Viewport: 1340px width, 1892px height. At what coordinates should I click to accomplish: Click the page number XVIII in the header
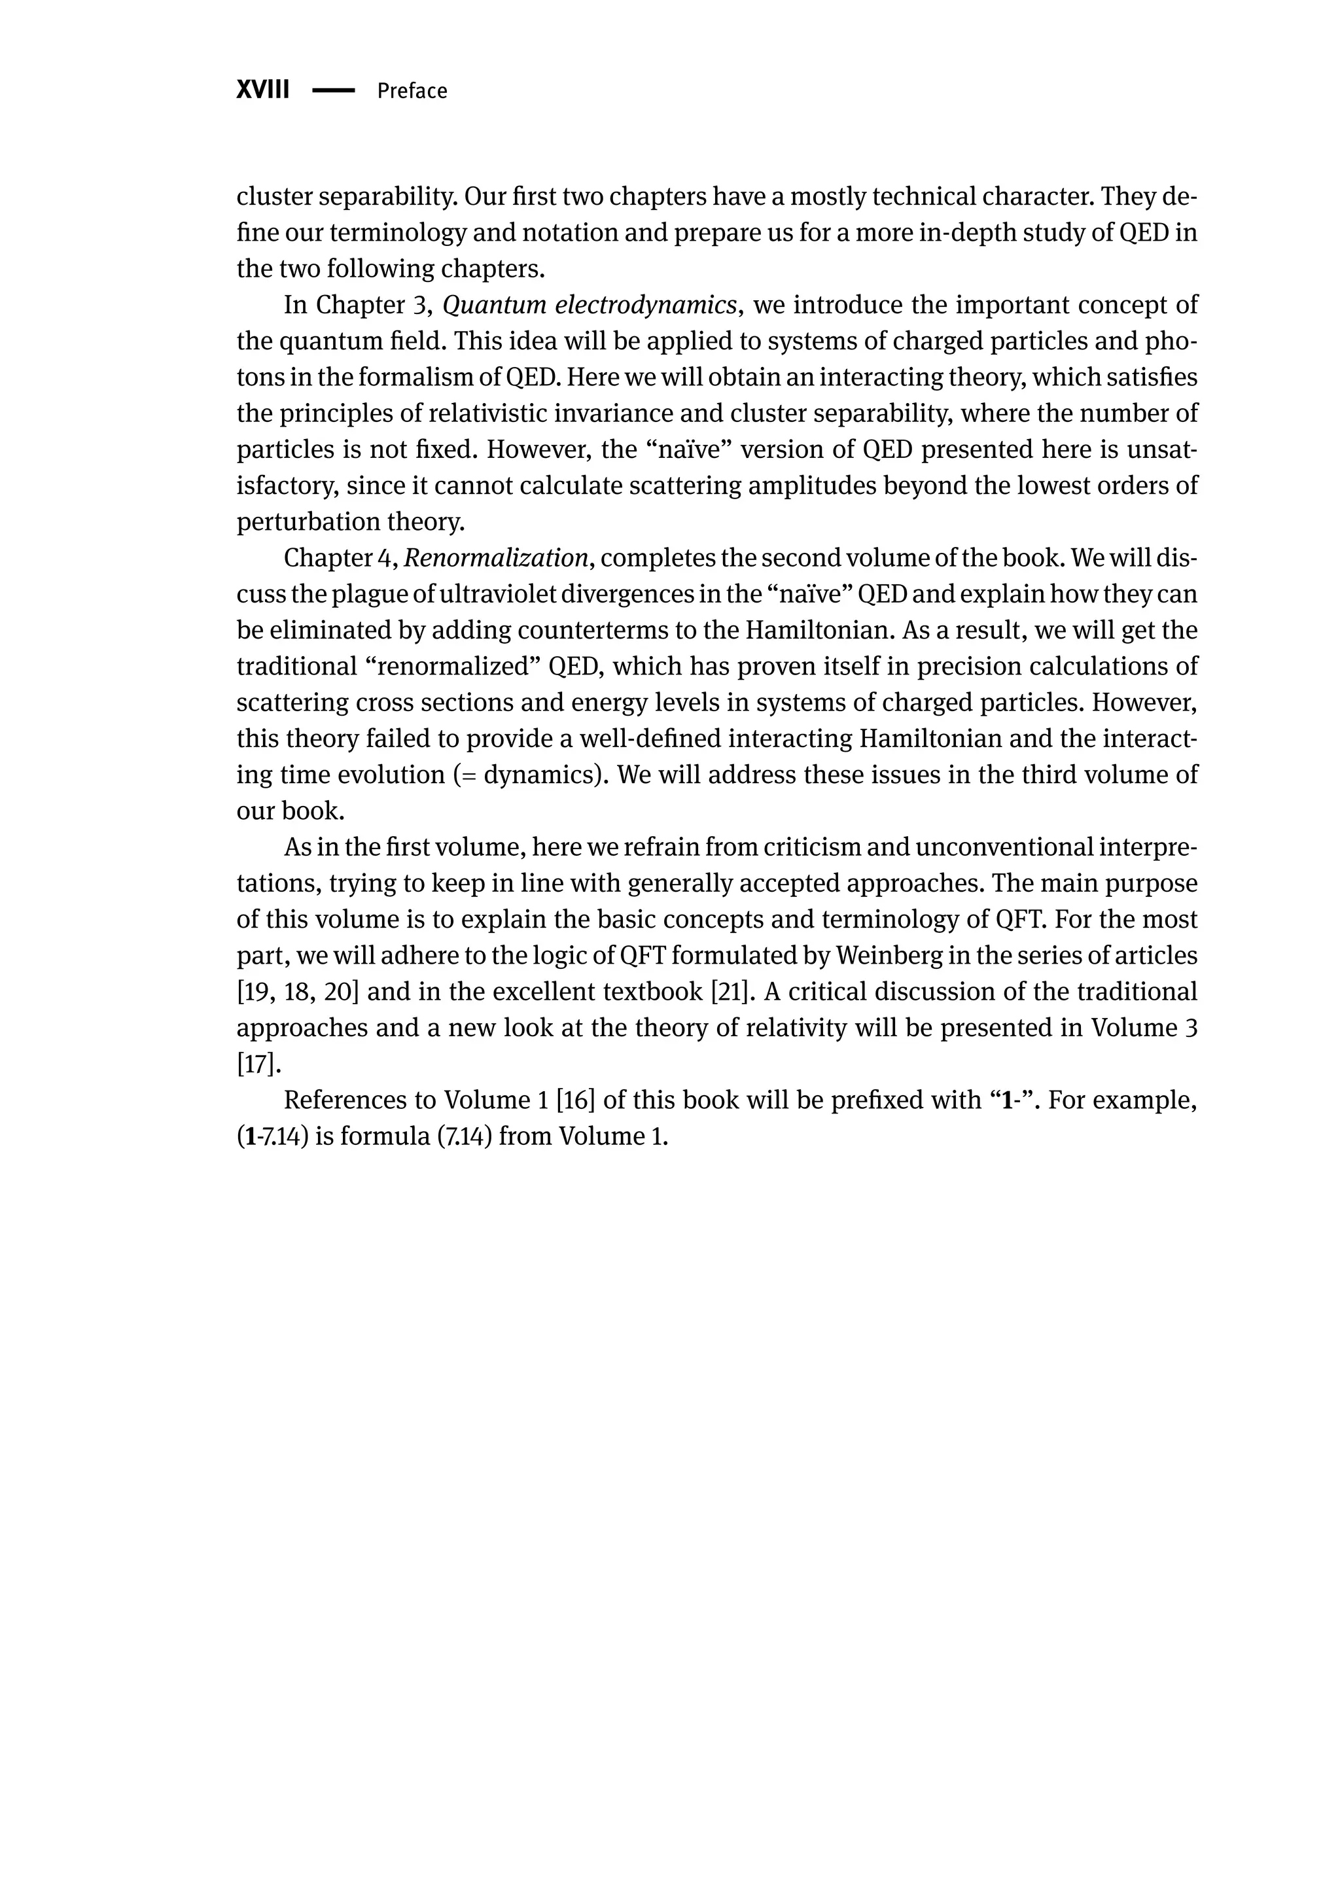pyautogui.click(x=262, y=90)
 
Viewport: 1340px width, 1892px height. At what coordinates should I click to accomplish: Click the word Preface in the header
pyautogui.click(x=412, y=91)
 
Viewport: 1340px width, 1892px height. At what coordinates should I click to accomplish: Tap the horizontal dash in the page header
pyautogui.click(x=333, y=91)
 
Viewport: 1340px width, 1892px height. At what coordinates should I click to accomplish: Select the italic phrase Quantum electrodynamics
pyautogui.click(x=589, y=306)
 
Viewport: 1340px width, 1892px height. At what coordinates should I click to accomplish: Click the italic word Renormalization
pyautogui.click(x=496, y=559)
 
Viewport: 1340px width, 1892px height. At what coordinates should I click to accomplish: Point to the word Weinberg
pyautogui.click(x=887, y=956)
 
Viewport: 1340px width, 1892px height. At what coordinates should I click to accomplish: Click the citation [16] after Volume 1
pyautogui.click(x=576, y=1100)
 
